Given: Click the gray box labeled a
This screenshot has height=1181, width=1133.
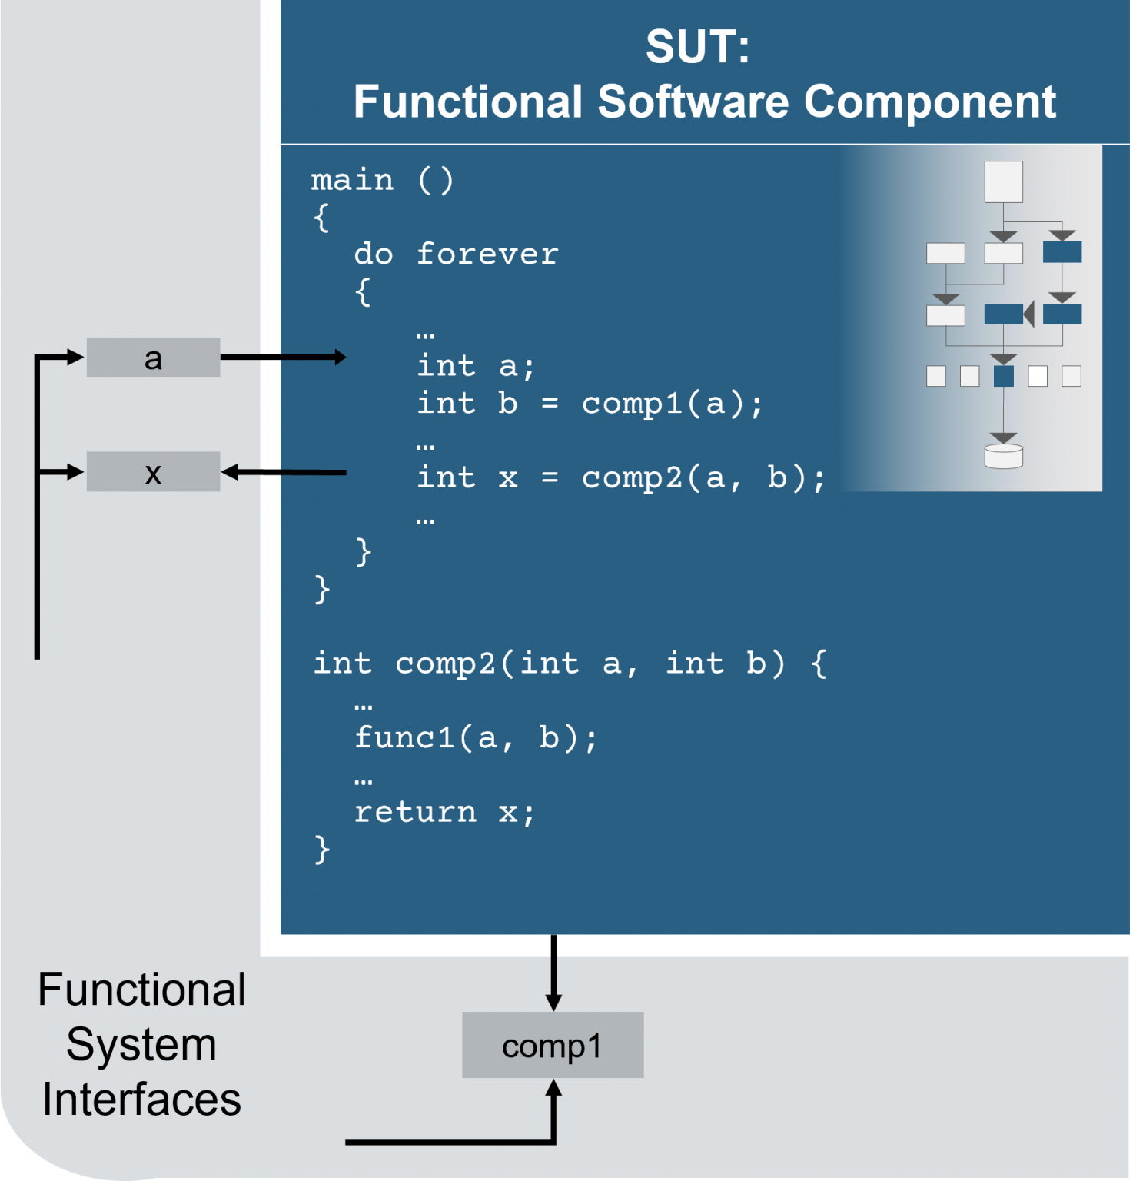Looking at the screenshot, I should coord(153,358).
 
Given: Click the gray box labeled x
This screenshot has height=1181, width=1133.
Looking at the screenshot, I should coord(153,472).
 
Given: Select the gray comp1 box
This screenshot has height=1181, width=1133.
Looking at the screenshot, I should coord(552,1045).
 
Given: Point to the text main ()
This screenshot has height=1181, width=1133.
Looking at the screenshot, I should coord(382,180).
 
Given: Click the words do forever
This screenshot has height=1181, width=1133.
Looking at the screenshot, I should coord(456,254).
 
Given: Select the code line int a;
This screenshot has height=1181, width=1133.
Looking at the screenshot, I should coord(475,366).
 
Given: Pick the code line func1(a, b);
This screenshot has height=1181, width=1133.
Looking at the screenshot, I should coord(475,737).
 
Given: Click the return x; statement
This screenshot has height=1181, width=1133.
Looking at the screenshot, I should coord(444,812).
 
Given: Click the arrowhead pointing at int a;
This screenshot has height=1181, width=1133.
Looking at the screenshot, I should coord(340,357).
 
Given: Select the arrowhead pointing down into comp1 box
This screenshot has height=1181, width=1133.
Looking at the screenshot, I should coord(553,1002).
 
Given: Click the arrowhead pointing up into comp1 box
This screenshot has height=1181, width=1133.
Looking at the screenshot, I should coord(553,1089).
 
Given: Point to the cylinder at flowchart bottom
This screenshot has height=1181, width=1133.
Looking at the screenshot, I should coord(1003,456).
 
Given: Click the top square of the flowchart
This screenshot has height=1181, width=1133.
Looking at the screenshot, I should coord(1003,181).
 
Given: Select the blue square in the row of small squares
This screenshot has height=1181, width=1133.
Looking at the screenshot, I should coord(1003,376).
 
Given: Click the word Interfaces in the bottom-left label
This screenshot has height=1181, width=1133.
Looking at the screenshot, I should coord(141,1099).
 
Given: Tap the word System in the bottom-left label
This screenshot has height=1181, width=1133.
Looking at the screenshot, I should coord(141,1044).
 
